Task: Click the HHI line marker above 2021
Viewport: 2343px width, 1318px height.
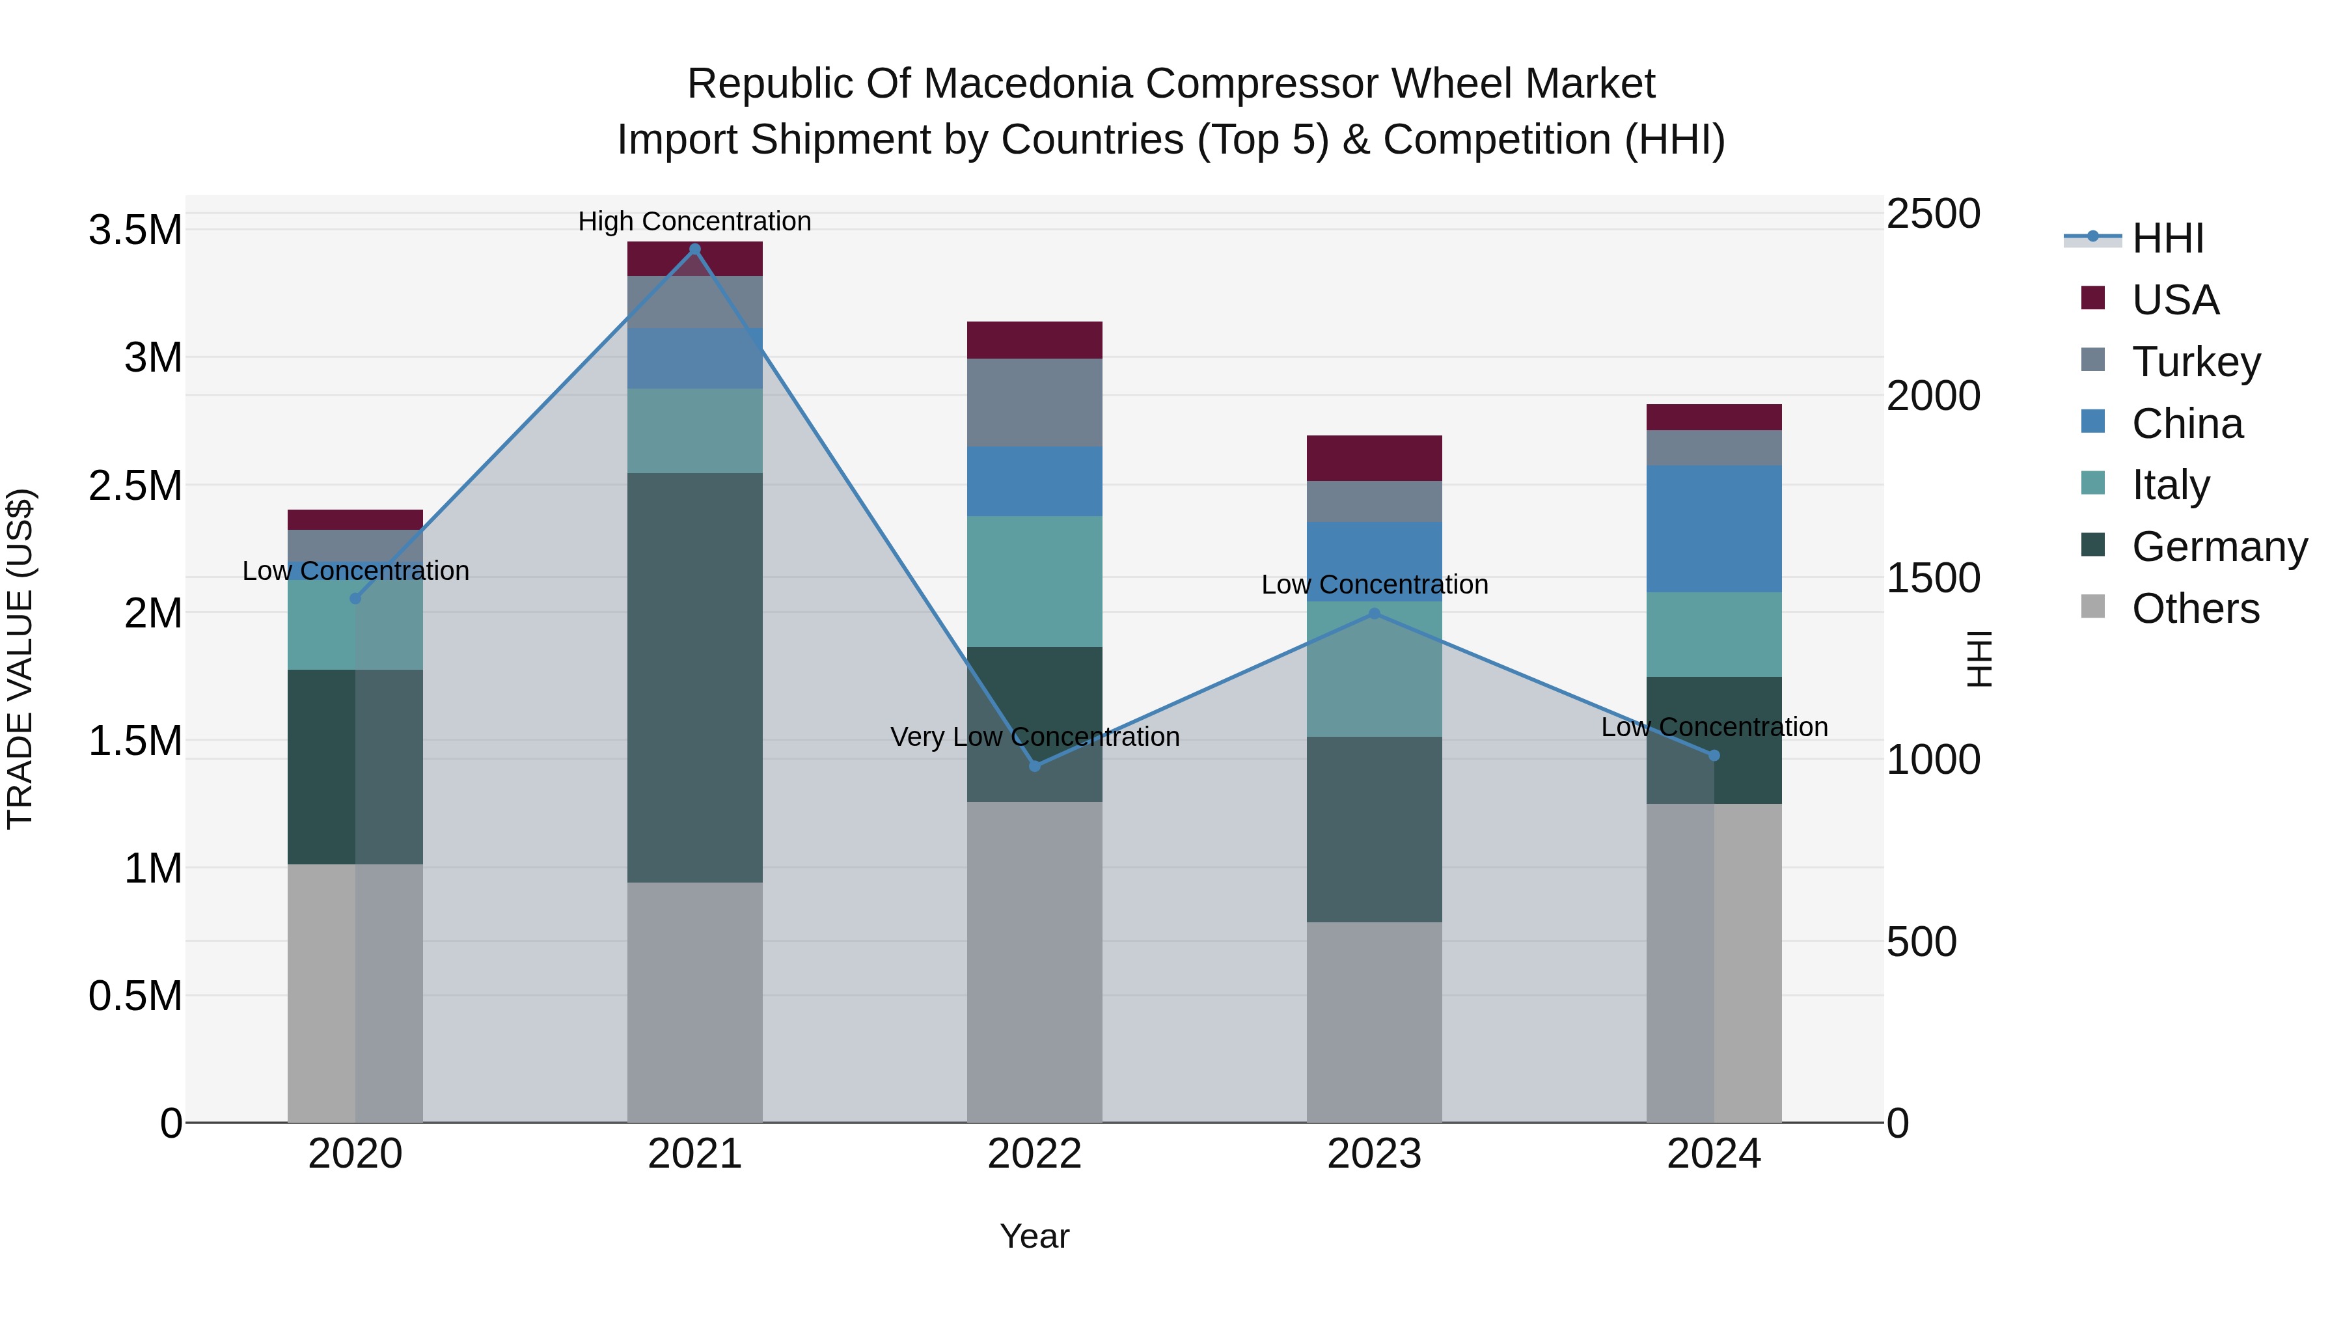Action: [x=695, y=249]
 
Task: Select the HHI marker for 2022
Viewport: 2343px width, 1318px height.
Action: [x=1034, y=766]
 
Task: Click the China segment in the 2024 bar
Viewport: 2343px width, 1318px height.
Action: [x=1714, y=529]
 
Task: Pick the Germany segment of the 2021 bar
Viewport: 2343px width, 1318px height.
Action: [x=695, y=677]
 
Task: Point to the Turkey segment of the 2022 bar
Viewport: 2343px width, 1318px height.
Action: [x=1034, y=402]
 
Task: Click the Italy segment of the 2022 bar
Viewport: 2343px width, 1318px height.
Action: [x=1034, y=581]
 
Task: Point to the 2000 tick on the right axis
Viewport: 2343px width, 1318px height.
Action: [x=1933, y=396]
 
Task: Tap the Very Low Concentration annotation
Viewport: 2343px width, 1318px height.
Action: [x=1034, y=737]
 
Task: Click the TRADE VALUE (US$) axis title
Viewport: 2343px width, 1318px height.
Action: [x=21, y=659]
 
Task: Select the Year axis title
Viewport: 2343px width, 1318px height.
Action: [x=1034, y=1236]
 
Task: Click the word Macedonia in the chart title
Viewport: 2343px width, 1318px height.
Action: [x=1027, y=84]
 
